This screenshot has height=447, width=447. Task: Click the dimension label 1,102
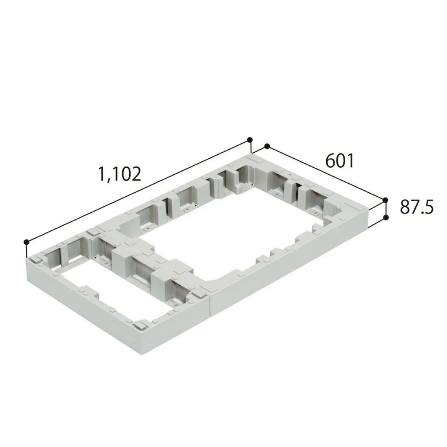119,174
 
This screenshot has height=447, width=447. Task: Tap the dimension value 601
339,161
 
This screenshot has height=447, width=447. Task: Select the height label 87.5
417,207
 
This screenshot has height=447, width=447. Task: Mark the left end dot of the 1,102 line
26,242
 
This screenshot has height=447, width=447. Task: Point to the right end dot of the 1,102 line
250,140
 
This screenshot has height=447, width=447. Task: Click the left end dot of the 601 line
266,146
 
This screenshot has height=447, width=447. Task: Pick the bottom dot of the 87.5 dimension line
386,217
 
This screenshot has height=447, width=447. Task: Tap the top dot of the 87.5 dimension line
385,200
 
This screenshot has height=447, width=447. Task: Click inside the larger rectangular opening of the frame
238,231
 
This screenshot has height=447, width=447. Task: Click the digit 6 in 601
330,161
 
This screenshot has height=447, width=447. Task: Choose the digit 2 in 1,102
136,174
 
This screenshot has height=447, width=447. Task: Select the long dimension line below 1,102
138,191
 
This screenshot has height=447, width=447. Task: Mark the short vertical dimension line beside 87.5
386,209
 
